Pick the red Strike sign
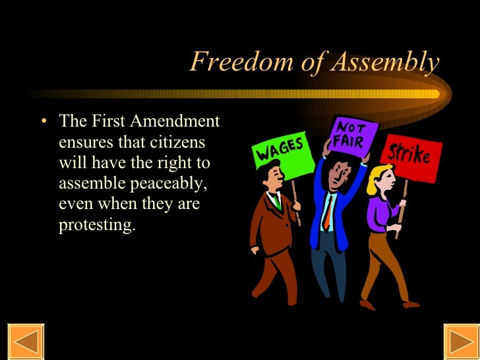(x=408, y=156)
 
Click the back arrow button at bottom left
(x=25, y=342)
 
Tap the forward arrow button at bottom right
(x=461, y=342)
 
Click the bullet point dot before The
(x=44, y=123)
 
